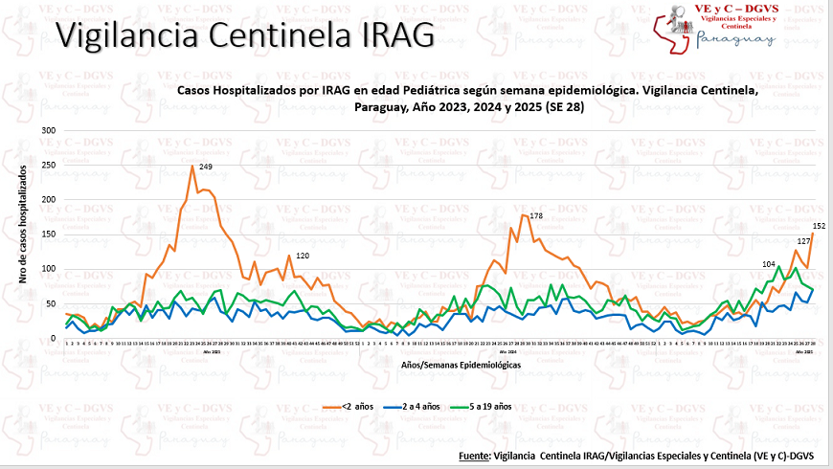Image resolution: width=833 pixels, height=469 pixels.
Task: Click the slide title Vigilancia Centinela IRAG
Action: (x=244, y=34)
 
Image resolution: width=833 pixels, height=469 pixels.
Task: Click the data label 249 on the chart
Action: (x=206, y=167)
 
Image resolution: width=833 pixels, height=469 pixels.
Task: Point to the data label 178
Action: (x=536, y=216)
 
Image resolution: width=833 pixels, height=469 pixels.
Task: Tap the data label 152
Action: (x=819, y=226)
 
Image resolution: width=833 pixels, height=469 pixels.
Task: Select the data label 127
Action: (x=804, y=241)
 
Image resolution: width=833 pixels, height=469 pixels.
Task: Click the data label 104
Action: (x=769, y=263)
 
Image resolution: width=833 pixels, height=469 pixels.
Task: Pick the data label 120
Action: (x=303, y=256)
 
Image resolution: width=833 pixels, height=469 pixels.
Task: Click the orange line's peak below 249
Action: (x=192, y=167)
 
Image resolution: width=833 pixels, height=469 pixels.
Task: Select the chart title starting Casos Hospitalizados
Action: (x=468, y=98)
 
